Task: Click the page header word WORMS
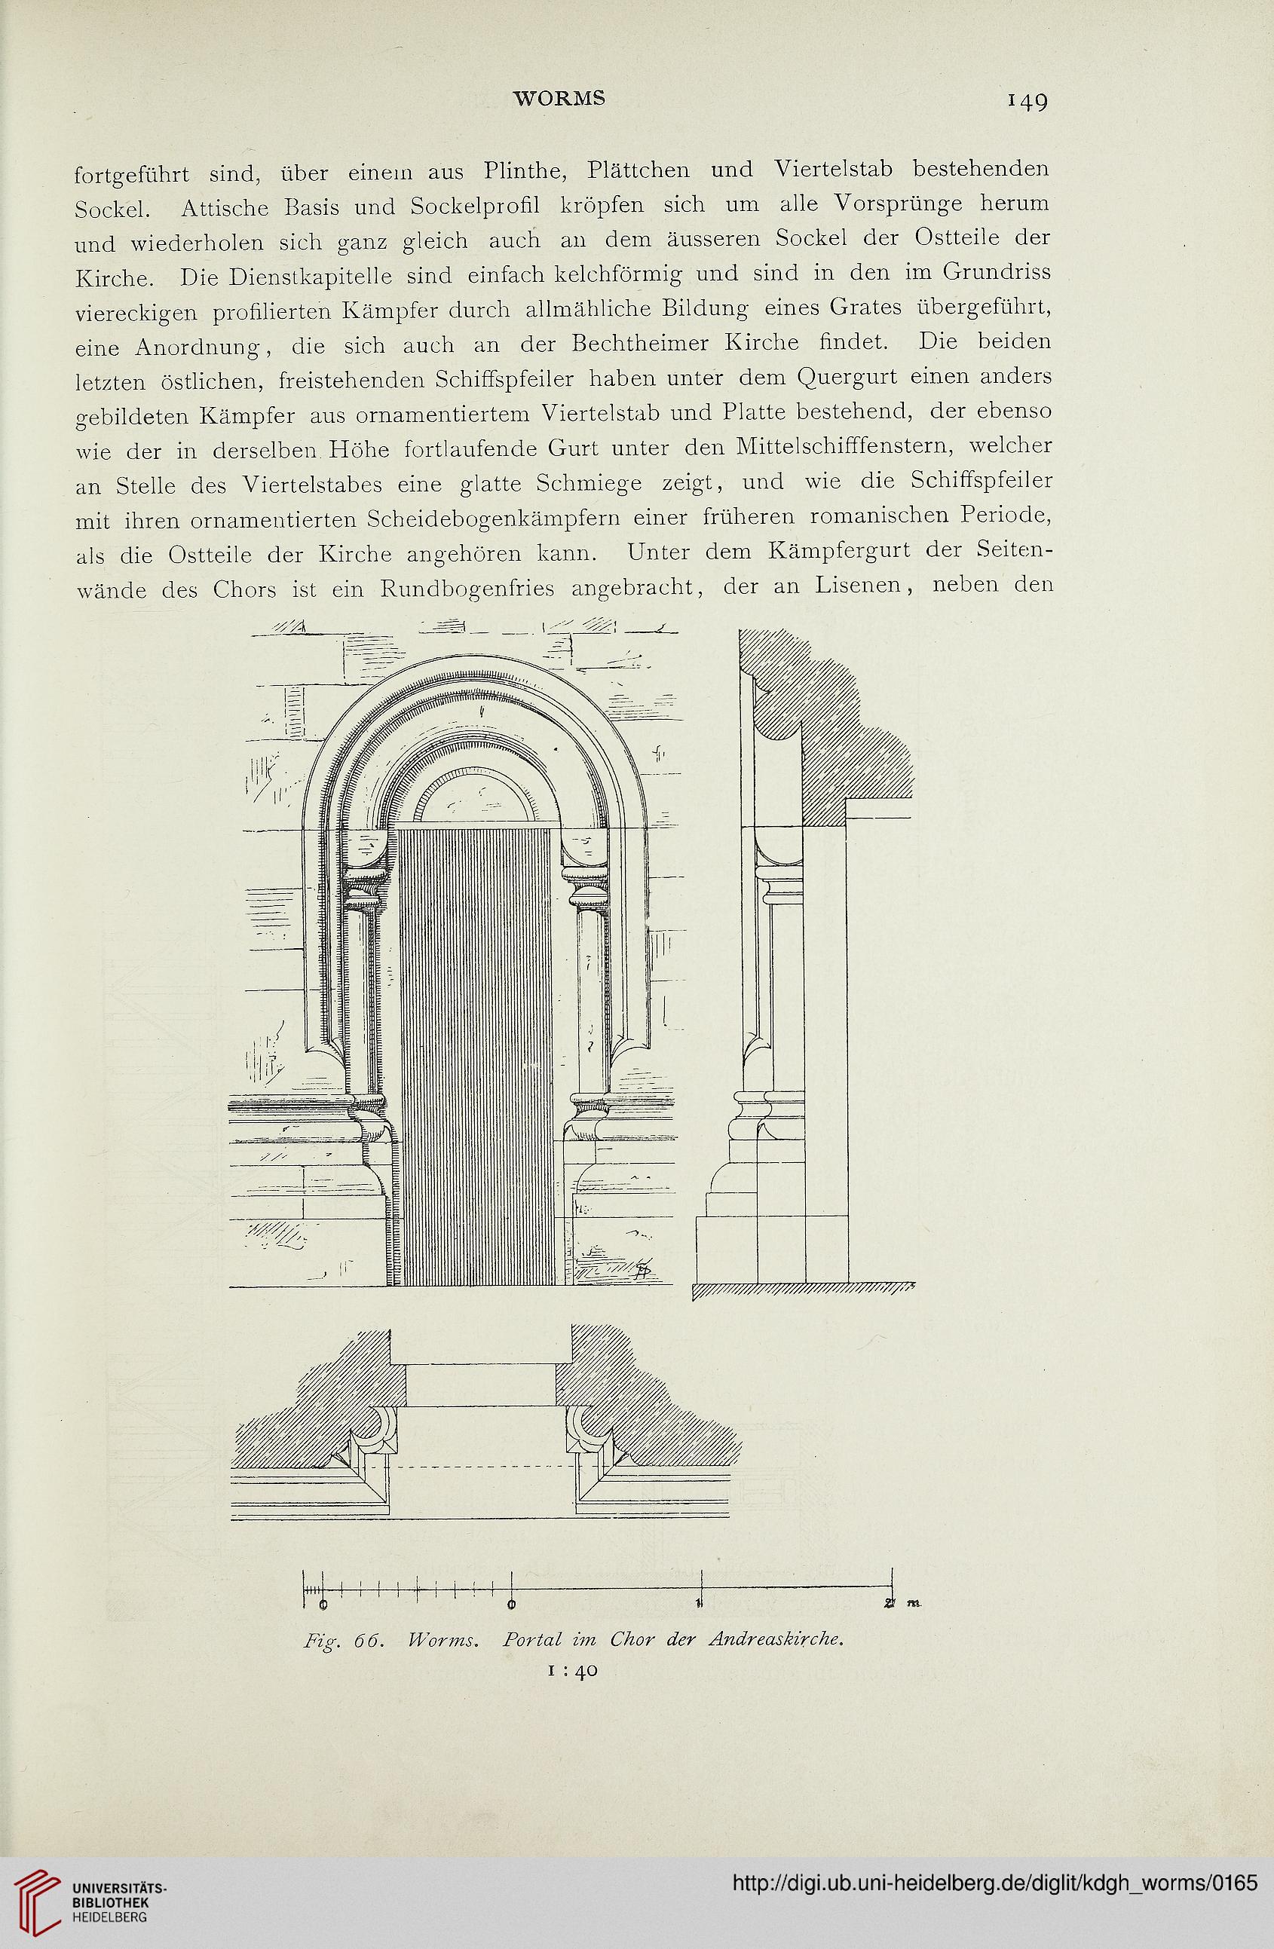(x=559, y=97)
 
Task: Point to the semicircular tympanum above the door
(x=474, y=795)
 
